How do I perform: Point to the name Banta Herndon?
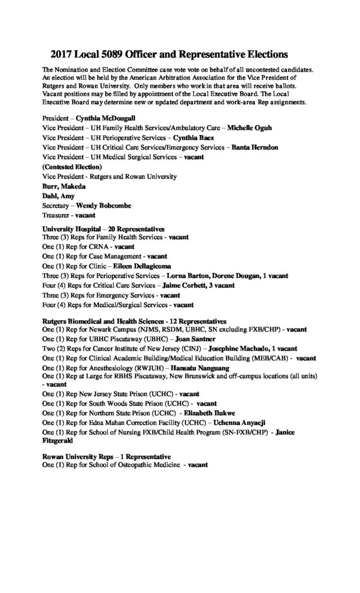coord(252,147)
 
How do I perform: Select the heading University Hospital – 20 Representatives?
coord(103,229)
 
